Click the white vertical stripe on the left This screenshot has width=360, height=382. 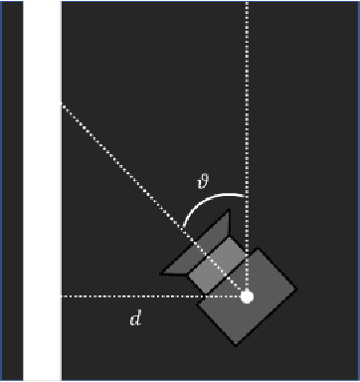[42, 189]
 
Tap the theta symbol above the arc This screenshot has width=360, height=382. [203, 180]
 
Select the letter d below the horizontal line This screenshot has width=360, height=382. [136, 319]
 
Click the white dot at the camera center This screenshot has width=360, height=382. [247, 296]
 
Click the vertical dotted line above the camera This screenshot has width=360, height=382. [247, 99]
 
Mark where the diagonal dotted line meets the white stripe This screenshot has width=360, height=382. [62, 104]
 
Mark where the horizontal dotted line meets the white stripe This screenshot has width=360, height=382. [62, 296]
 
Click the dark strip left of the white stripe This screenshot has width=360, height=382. [12, 189]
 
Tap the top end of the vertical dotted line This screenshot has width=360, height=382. [247, 3]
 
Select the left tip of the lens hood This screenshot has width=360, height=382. [161, 271]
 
